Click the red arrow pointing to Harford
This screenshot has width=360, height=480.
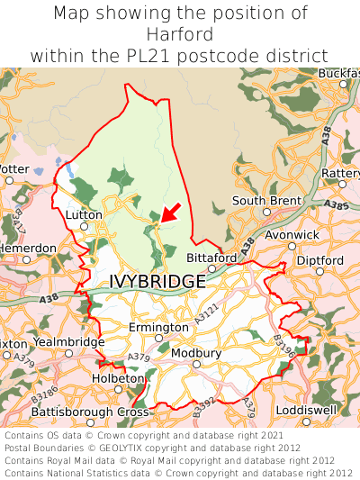coord(171,213)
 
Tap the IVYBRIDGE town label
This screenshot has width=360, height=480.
coord(157,282)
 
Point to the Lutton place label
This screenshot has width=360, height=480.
coord(84,215)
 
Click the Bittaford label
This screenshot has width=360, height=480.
coord(211,258)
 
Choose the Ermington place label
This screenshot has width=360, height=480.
coord(158,327)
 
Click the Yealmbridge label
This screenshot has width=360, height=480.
coord(69,342)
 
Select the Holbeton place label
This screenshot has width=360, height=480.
coord(118,378)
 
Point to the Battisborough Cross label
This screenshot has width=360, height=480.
coord(90,412)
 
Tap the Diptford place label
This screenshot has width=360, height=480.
coord(319,260)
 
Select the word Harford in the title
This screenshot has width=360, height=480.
coord(180,34)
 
